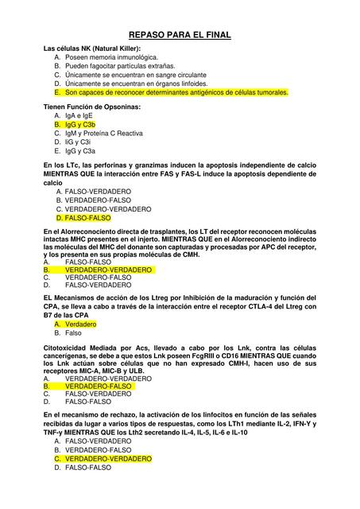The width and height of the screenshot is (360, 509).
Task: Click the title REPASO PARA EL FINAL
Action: coord(180,36)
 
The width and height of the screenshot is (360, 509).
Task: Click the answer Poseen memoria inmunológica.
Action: coord(111,58)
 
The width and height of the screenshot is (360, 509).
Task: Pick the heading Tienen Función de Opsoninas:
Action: coord(91,106)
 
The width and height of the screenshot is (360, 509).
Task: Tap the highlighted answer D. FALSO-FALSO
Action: coord(87,217)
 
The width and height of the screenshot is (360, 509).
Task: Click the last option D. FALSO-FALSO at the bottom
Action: coord(87,468)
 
